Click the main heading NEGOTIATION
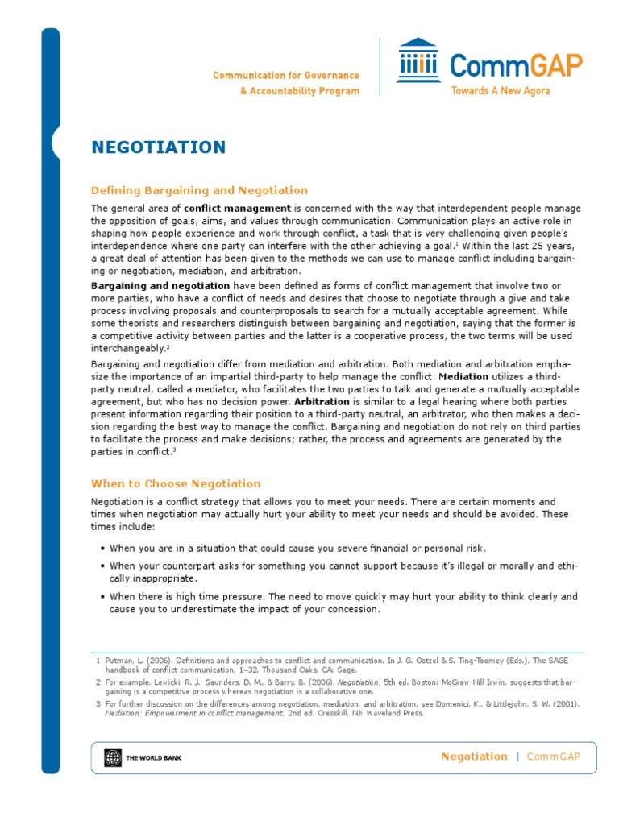(158, 147)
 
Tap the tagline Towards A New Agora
(501, 91)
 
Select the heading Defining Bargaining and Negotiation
(199, 191)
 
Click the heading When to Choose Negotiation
(176, 484)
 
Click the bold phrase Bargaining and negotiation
(160, 287)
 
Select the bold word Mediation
(463, 376)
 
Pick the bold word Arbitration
(322, 401)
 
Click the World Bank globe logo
(110, 757)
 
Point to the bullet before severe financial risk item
(104, 549)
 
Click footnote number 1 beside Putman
(97, 659)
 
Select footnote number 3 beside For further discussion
(97, 703)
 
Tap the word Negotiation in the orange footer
(474, 757)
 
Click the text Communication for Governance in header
(285, 76)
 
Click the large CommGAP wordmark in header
(516, 64)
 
